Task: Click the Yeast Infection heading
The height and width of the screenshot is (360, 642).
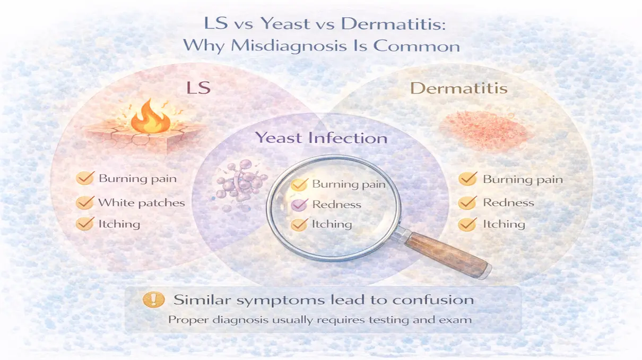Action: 321,138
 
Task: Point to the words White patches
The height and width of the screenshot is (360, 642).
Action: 142,202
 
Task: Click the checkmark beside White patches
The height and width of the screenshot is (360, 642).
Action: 84,202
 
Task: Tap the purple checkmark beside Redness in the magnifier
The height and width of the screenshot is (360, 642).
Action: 300,204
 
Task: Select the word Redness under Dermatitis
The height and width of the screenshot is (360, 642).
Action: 508,202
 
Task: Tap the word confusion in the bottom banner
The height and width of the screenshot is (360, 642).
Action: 433,300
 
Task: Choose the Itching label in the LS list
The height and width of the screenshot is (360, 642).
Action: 119,224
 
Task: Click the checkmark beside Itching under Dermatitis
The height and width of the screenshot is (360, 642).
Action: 467,224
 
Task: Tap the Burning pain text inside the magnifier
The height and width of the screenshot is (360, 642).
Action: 349,185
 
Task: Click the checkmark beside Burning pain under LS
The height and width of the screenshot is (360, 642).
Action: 84,178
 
